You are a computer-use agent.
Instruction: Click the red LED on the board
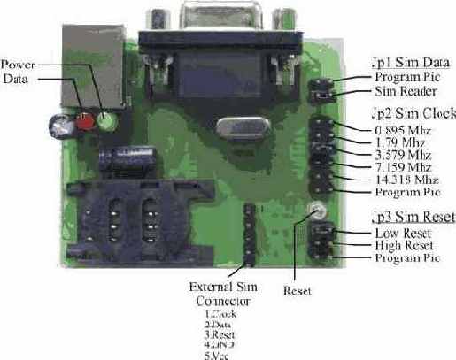point(86,122)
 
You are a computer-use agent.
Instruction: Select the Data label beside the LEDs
point(17,78)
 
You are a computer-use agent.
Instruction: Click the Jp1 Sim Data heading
point(409,63)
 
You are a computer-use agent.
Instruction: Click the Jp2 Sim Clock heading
point(412,113)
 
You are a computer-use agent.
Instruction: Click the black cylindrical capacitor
point(116,160)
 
